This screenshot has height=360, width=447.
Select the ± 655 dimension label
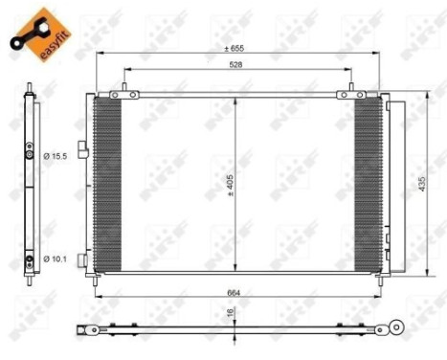click(234, 47)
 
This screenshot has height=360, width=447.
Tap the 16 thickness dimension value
click(232, 312)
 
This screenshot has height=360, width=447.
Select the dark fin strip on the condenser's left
click(108, 182)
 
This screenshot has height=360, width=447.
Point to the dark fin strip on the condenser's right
click(368, 182)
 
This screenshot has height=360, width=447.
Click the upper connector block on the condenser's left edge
click(85, 149)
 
